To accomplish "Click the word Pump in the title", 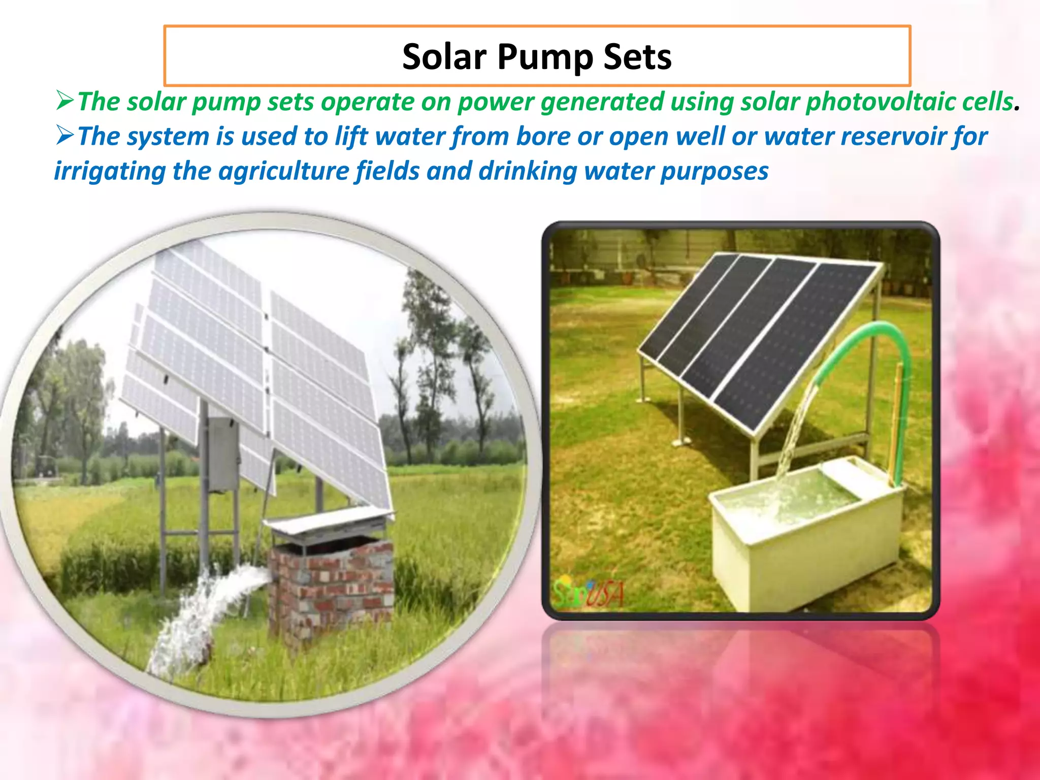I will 545,57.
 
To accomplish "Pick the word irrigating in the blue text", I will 109,171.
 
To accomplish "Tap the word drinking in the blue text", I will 528,171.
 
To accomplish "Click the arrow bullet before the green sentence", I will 65,101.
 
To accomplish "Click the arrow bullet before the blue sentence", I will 65,136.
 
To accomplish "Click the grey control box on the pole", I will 223,454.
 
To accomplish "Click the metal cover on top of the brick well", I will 330,521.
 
